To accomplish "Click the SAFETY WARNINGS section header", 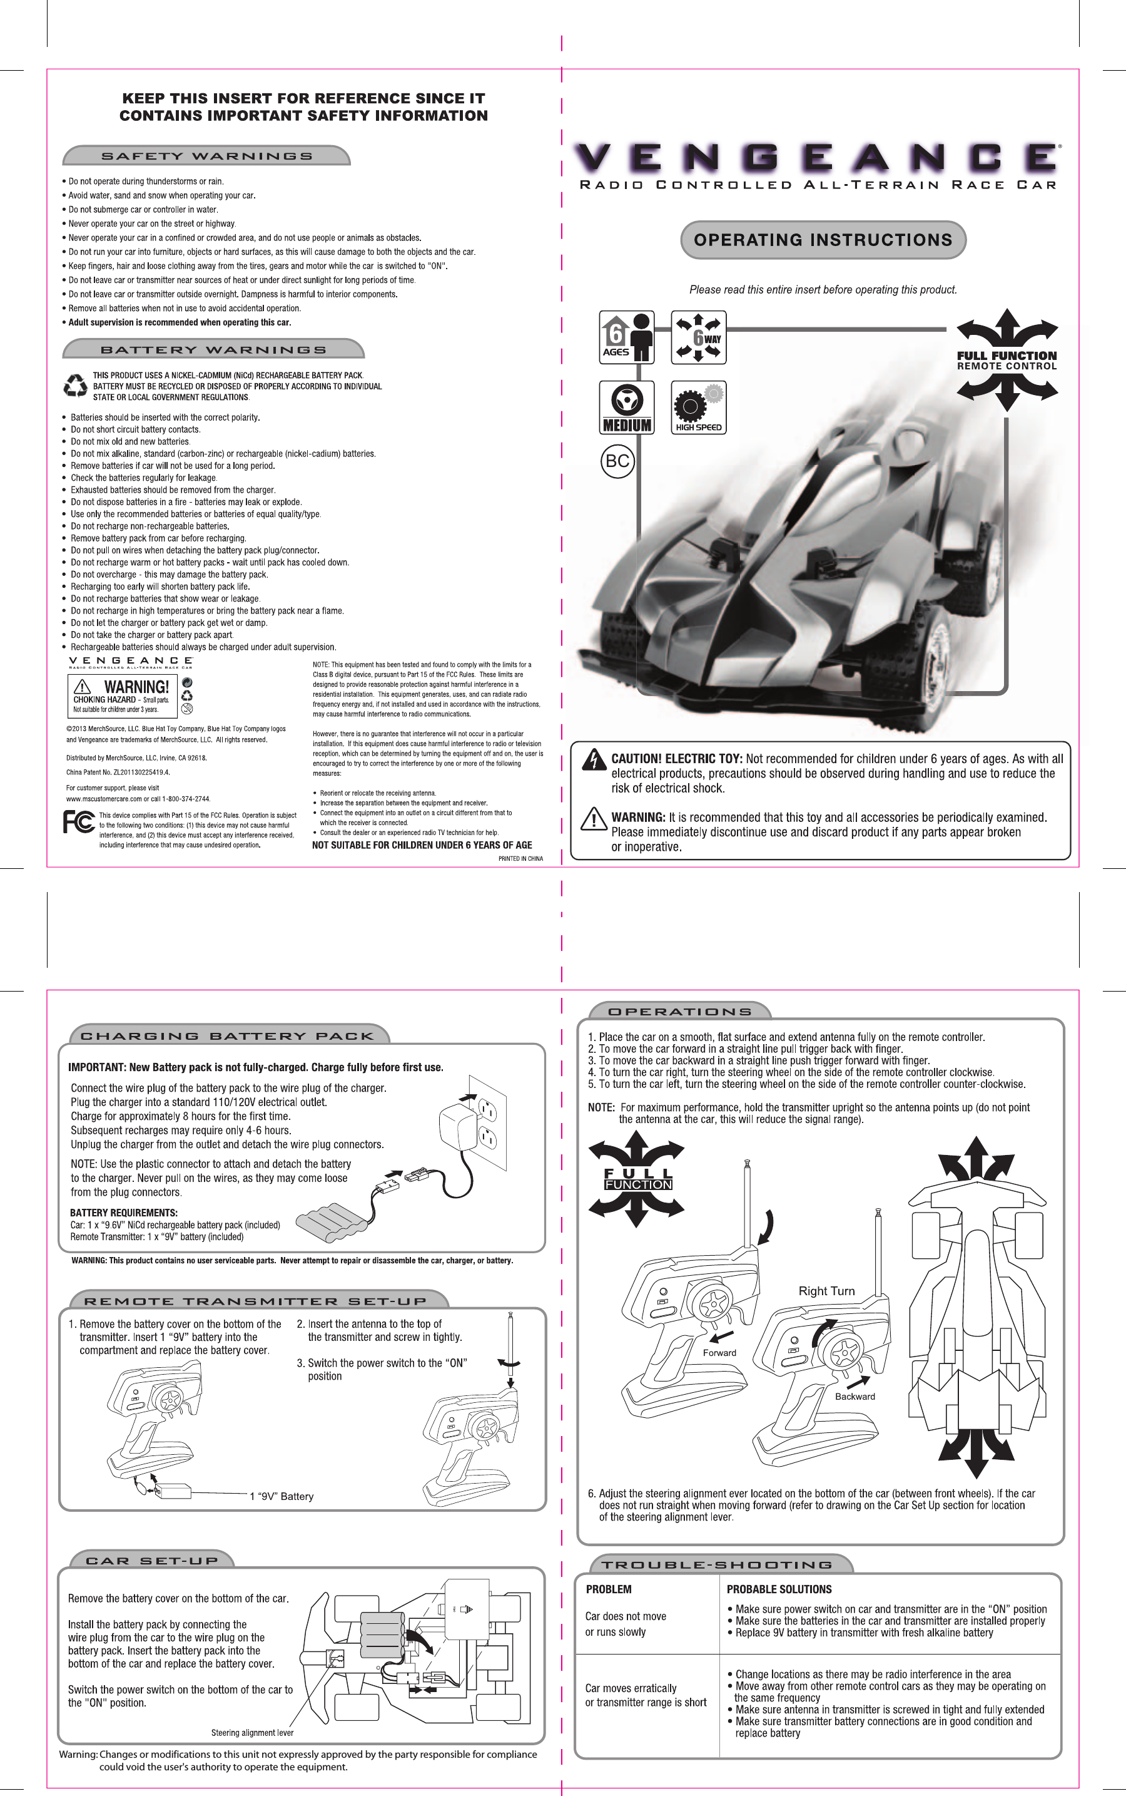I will pos(206,157).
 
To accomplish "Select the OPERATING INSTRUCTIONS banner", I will pos(823,240).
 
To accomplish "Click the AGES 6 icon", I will pos(626,337).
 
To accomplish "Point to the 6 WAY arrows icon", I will pos(697,337).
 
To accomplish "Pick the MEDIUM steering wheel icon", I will pos(626,408).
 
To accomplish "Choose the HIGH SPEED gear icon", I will pos(697,408).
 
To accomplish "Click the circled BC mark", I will pos(617,461).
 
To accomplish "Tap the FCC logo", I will pos(79,822).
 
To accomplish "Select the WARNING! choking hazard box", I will pos(122,696).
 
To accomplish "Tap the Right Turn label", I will pos(826,1291).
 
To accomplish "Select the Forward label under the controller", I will pos(719,1353).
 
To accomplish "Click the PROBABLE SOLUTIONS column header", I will pos(779,1589).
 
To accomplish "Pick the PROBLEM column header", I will pos(609,1589).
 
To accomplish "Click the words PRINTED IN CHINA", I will pos(520,858).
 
